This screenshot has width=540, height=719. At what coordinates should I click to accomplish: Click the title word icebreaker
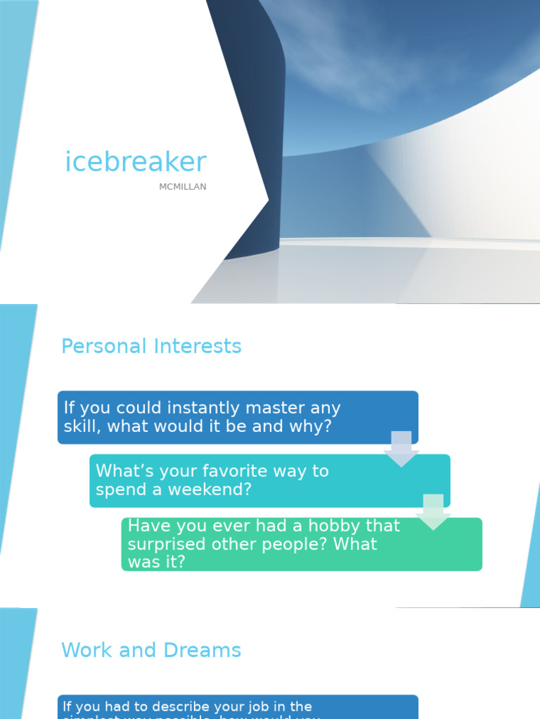(x=136, y=162)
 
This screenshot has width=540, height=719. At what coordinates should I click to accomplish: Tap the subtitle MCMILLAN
(x=183, y=187)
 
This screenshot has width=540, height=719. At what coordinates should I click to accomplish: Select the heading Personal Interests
(x=151, y=346)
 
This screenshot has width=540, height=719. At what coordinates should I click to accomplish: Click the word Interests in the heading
(x=198, y=346)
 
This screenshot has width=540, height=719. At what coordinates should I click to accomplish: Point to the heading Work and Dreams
(x=151, y=650)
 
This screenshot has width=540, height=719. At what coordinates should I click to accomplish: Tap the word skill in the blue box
(x=79, y=426)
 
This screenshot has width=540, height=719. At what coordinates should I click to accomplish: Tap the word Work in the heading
(x=86, y=650)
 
